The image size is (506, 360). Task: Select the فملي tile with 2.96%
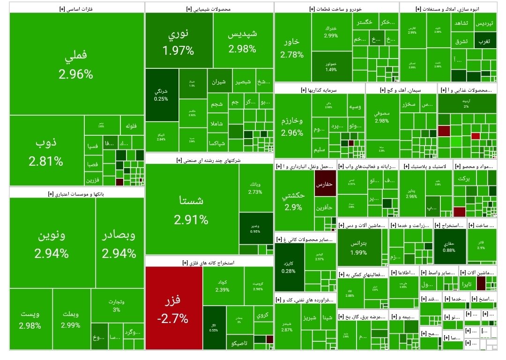click(x=76, y=64)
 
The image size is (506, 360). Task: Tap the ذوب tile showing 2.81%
click(x=46, y=151)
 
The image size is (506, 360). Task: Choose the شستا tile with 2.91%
click(x=191, y=209)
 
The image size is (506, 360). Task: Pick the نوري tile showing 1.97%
click(x=179, y=41)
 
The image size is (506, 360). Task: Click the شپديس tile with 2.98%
click(x=242, y=41)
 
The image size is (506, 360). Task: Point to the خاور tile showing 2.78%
click(x=292, y=48)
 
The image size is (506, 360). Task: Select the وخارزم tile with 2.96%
click(x=292, y=126)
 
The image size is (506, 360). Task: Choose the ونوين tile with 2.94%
click(x=52, y=243)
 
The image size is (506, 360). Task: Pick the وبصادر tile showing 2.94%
click(x=119, y=243)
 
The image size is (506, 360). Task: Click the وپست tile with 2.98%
click(x=30, y=318)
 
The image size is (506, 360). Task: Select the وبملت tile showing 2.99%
click(x=71, y=318)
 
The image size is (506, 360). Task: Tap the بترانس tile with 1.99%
click(x=359, y=247)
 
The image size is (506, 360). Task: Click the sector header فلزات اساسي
click(x=77, y=8)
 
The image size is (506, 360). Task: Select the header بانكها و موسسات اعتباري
click(x=77, y=193)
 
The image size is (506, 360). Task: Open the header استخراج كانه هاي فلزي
click(x=209, y=262)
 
